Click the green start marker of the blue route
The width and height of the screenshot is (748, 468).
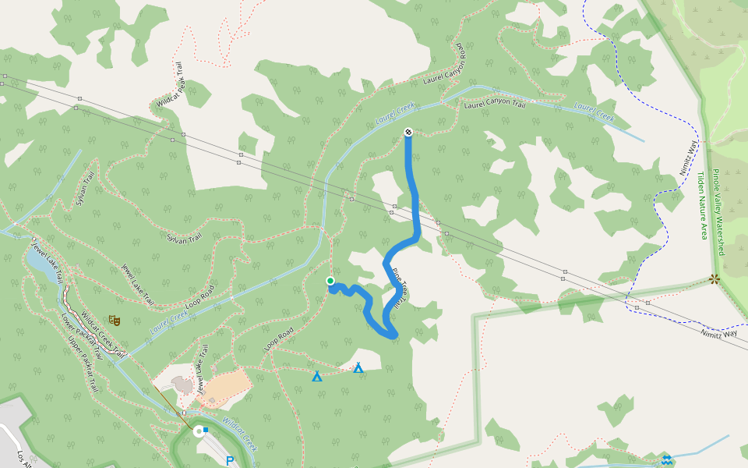[330, 281]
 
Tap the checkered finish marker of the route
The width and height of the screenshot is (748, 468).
[408, 133]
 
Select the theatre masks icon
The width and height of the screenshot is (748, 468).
[115, 320]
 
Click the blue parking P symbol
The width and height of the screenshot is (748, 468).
[230, 461]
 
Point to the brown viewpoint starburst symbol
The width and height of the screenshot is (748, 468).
[714, 278]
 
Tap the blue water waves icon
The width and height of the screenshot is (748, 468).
[666, 459]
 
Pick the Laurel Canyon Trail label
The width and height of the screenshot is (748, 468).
[494, 103]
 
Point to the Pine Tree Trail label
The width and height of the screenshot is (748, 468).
[398, 289]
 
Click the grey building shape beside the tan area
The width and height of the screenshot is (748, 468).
[183, 385]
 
